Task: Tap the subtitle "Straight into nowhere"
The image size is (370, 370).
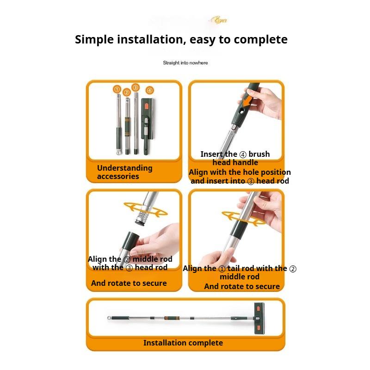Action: (185, 62)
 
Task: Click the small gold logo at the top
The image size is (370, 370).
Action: (218, 20)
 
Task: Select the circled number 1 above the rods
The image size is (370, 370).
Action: (117, 89)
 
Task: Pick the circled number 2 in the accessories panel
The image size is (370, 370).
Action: (126, 92)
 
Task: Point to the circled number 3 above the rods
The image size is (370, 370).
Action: (135, 87)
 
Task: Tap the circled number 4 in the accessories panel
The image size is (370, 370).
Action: (149, 90)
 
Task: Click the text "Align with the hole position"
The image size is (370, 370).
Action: (240, 172)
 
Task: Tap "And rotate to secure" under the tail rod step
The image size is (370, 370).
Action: (242, 286)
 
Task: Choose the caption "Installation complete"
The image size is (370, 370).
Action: (183, 343)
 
